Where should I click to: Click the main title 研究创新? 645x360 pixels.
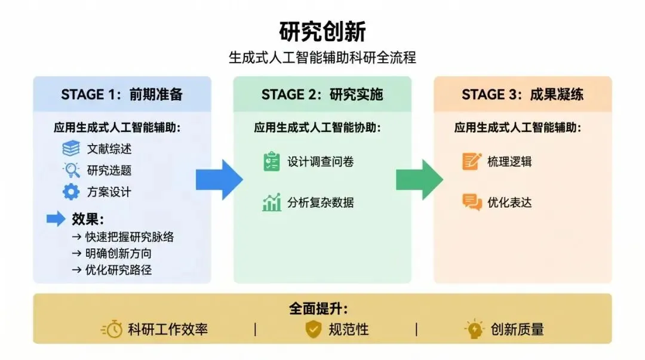point(322,32)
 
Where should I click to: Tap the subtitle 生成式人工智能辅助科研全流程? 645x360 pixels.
point(322,58)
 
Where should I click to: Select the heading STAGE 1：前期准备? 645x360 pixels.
point(122,94)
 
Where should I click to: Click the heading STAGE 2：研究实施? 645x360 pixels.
point(322,94)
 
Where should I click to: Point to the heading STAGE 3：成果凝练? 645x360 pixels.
point(523,94)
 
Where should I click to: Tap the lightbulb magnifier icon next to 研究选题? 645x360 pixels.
point(71,170)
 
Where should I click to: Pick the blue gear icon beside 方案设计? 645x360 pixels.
point(71,192)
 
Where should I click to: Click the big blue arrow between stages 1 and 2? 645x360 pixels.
point(219,179)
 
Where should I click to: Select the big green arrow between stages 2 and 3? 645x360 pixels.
point(419,179)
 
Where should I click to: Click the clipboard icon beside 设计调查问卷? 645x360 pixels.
point(272,162)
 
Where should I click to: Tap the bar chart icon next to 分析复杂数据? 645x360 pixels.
point(272,202)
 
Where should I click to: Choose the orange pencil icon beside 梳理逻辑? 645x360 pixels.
point(472,162)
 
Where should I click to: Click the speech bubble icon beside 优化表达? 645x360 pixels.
point(472,202)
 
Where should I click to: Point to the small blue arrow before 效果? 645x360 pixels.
point(56,219)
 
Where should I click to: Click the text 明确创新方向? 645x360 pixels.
point(119,253)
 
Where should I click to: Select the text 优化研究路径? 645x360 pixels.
point(119,270)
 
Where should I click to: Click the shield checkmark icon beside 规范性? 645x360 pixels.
point(314,329)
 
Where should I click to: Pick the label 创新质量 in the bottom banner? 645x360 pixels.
point(517,329)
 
